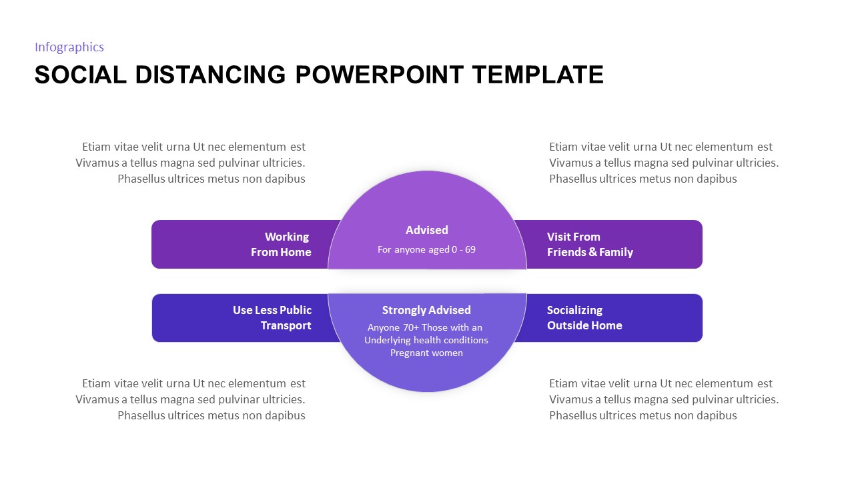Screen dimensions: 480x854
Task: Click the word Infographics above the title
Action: pos(69,47)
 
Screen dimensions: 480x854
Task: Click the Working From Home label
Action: pos(281,245)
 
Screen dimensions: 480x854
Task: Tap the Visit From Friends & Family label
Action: pos(590,245)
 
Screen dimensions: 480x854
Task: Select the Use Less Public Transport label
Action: pos(272,318)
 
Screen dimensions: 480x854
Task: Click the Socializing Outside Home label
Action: pos(584,318)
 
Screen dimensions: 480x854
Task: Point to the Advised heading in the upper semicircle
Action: pos(427,230)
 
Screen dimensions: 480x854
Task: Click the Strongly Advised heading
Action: pos(426,310)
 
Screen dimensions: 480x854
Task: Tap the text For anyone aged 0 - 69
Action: pos(426,249)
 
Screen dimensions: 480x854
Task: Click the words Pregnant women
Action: pos(426,353)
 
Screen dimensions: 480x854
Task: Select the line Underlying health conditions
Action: pos(426,340)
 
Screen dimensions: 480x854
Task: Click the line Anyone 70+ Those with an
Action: pos(425,327)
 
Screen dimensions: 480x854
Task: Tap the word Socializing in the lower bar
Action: pos(574,310)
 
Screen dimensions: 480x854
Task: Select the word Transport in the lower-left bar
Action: pos(286,325)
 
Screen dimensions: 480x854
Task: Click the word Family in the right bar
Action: pos(616,252)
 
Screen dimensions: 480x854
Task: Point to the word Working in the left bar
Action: pos(287,237)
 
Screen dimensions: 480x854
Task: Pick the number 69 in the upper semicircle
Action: pos(470,249)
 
